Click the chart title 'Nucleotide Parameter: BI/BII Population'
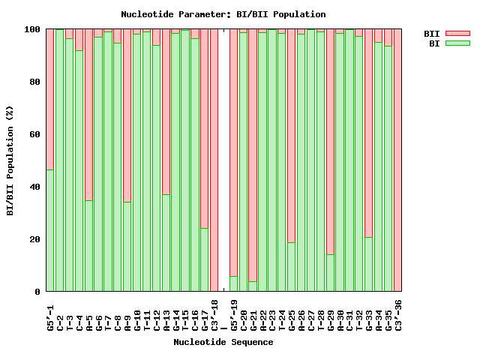point(223,14)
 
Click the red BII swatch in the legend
point(457,34)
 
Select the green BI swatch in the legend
point(457,43)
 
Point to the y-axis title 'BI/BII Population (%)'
point(10,160)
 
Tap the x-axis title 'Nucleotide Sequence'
point(223,342)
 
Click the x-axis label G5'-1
point(50,314)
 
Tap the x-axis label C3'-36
point(398,314)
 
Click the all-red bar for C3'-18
point(214,160)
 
